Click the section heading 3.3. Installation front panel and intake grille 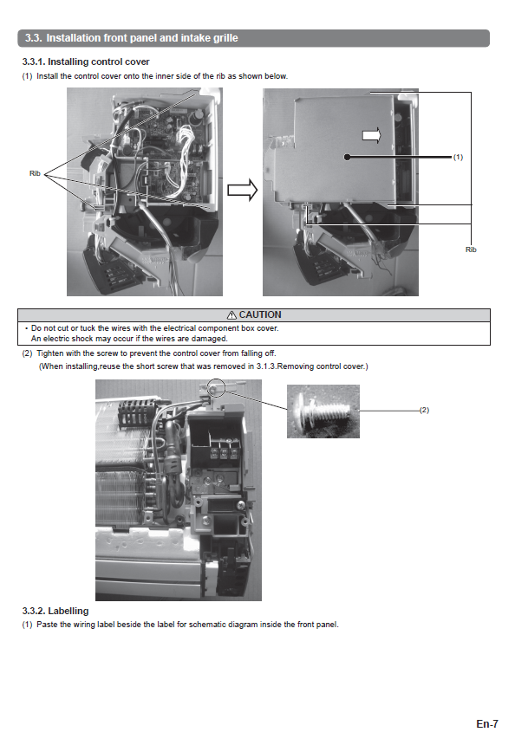coord(131,38)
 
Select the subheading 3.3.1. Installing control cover coord(86,62)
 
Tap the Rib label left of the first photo coord(35,173)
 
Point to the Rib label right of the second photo coord(471,249)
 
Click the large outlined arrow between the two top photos coord(243,190)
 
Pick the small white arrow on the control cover coord(372,135)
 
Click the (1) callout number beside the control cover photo coord(458,158)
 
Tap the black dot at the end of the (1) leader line coord(348,157)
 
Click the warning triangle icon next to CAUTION coord(231,315)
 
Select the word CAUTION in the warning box coord(260,315)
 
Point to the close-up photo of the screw coord(323,411)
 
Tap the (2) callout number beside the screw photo coord(424,410)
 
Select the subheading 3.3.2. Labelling coord(55,611)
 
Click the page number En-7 coord(487,723)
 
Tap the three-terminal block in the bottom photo coord(224,450)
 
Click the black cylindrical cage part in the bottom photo coord(135,412)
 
